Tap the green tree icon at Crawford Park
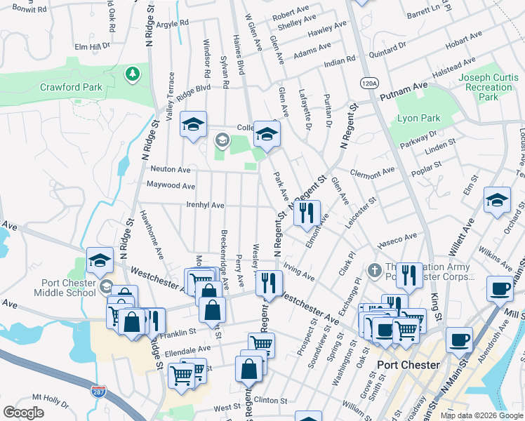131,73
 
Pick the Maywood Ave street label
171,186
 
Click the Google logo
23,413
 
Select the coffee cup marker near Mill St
500,288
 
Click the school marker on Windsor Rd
194,124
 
